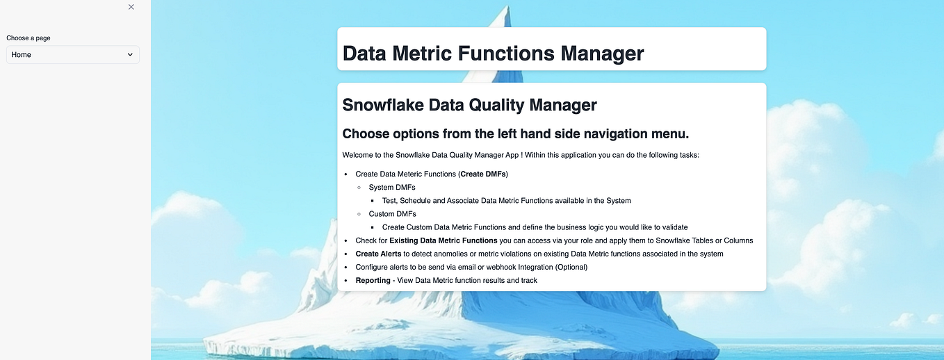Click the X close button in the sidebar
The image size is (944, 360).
131,7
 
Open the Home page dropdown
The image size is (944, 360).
73,55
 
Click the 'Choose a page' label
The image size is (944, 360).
29,38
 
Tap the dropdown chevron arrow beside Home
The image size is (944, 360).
130,55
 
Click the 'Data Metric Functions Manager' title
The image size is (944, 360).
493,54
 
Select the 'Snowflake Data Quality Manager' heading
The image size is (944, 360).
469,105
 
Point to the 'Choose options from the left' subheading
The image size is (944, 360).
515,133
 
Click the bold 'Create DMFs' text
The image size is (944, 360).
483,174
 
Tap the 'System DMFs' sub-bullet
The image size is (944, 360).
392,187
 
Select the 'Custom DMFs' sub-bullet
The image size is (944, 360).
392,214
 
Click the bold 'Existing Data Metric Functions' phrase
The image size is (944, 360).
443,240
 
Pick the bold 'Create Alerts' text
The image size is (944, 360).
378,254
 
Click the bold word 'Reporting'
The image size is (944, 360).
373,280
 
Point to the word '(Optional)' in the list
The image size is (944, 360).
571,268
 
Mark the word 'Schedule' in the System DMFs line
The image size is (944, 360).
416,201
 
